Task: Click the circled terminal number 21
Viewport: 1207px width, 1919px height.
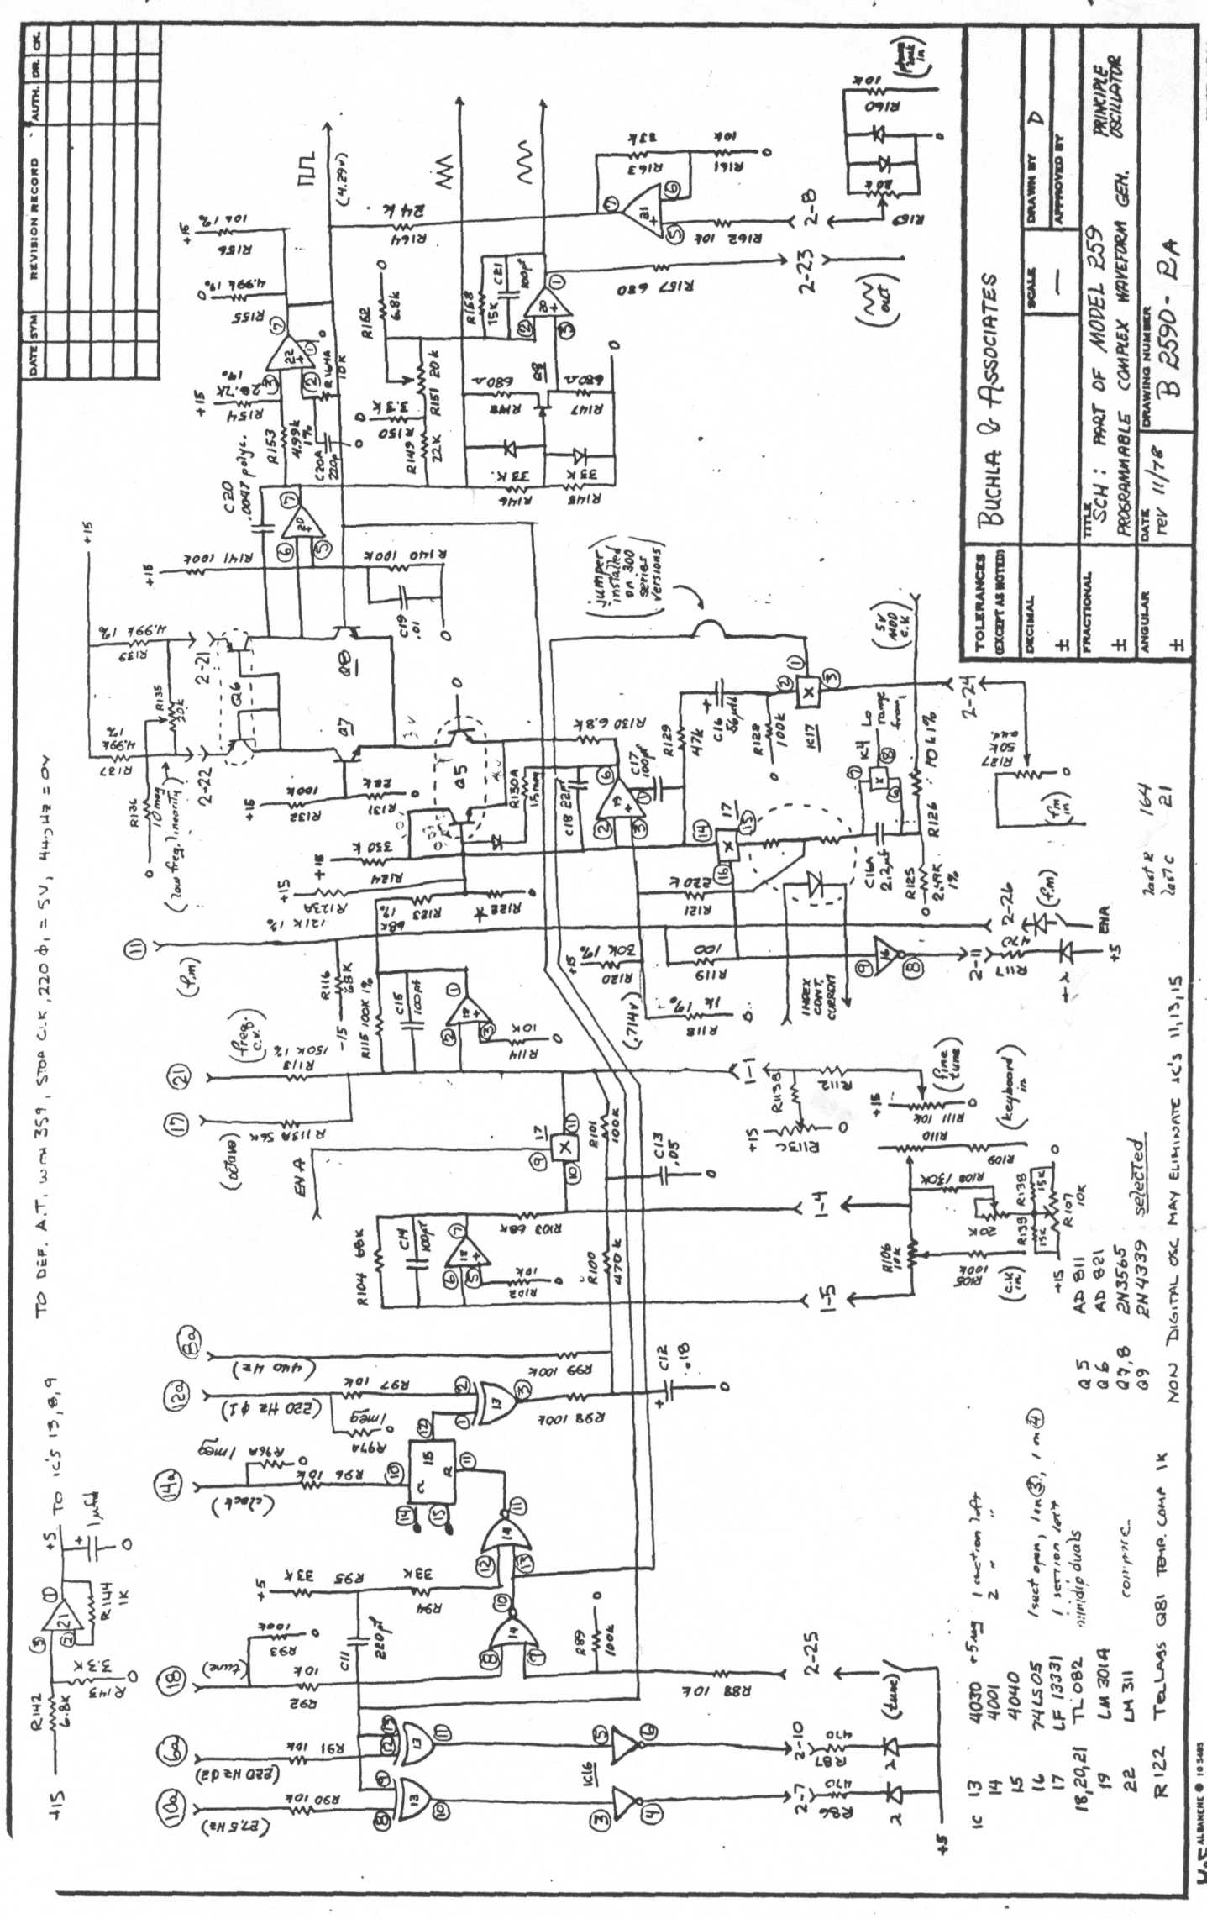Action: click(181, 1076)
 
